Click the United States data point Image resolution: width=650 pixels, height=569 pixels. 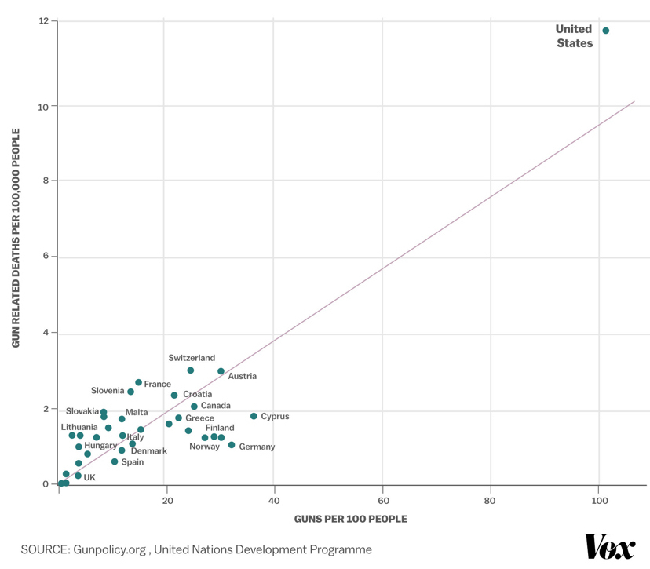(x=605, y=31)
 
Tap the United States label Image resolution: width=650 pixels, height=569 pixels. (x=575, y=36)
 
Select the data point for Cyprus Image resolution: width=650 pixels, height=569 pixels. (x=254, y=416)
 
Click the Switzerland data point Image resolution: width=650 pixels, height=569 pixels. (x=191, y=370)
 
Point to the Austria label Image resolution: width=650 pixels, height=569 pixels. (x=243, y=376)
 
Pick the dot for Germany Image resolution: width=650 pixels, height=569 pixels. (x=232, y=445)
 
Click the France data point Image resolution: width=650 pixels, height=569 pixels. (x=139, y=382)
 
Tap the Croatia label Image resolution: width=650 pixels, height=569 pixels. (x=197, y=394)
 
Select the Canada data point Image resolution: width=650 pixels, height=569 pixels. (x=194, y=407)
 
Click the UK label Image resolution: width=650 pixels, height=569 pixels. (x=89, y=477)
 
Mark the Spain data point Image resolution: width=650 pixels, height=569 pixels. (x=115, y=461)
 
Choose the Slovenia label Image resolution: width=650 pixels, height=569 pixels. (x=108, y=390)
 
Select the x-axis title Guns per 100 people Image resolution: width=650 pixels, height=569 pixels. (x=350, y=519)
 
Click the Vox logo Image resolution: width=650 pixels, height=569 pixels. (x=609, y=547)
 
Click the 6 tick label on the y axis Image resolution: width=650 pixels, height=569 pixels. (x=45, y=257)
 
